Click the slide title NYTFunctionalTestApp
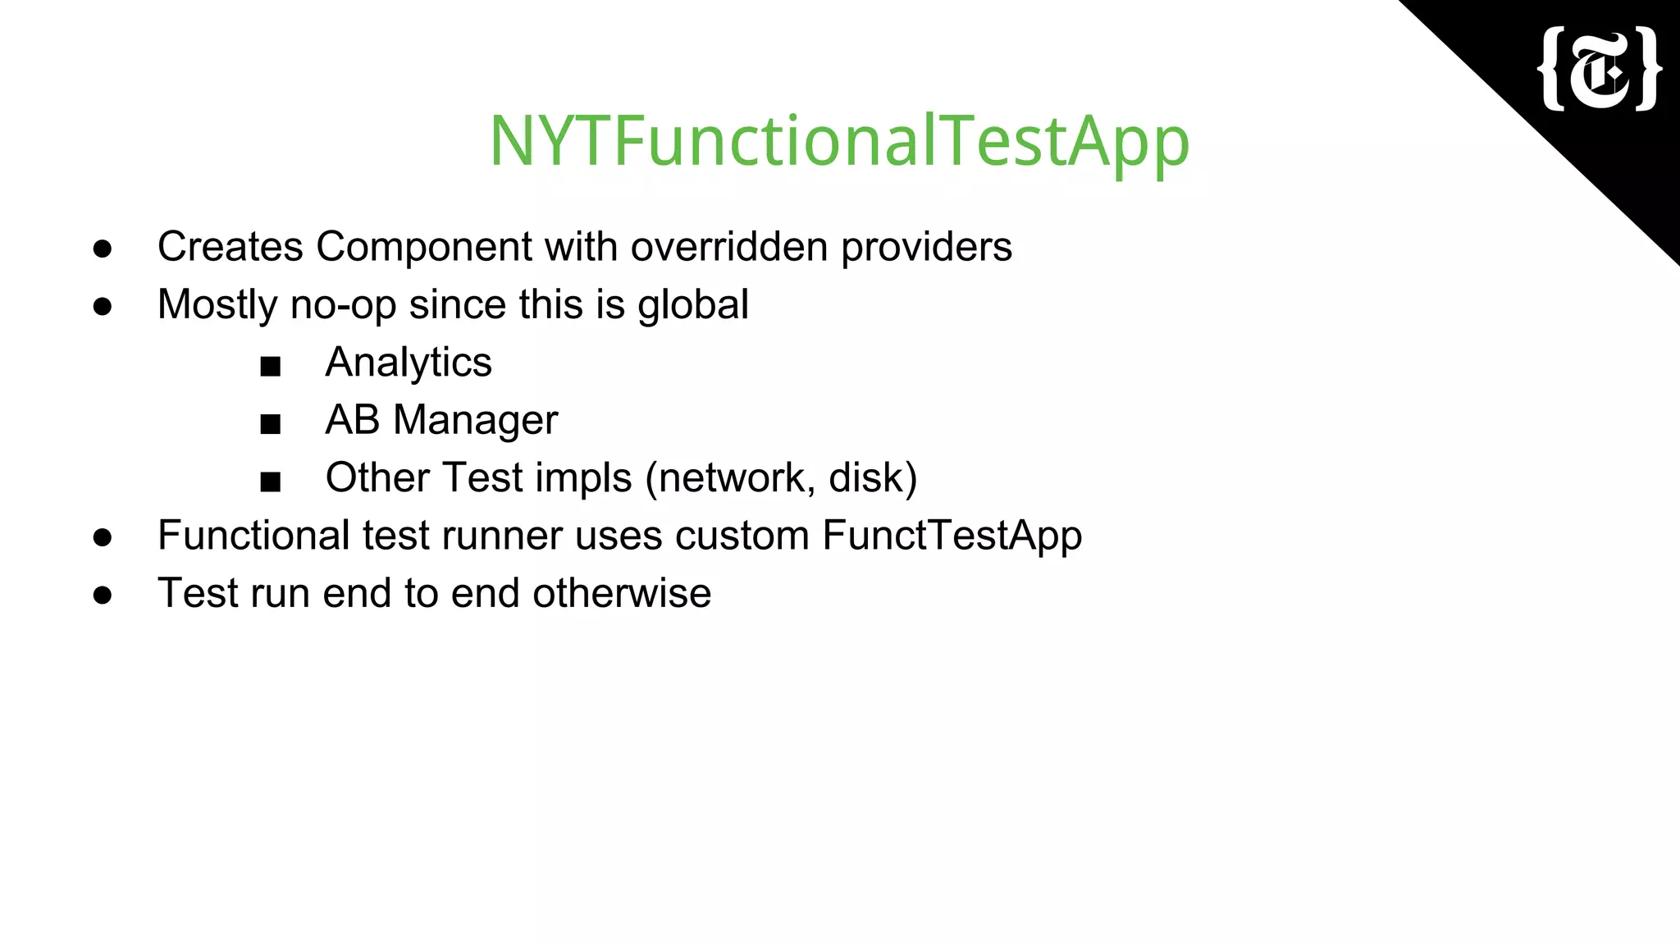click(x=838, y=141)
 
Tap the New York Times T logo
click(x=1599, y=69)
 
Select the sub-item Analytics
click(x=408, y=363)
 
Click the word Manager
click(x=475, y=420)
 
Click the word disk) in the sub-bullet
click(x=872, y=477)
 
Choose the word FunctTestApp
click(x=952, y=536)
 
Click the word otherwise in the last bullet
click(x=621, y=593)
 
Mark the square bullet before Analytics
click(x=270, y=366)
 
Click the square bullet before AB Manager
click(x=270, y=424)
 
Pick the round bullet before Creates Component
click(x=103, y=249)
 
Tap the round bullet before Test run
click(x=103, y=596)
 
